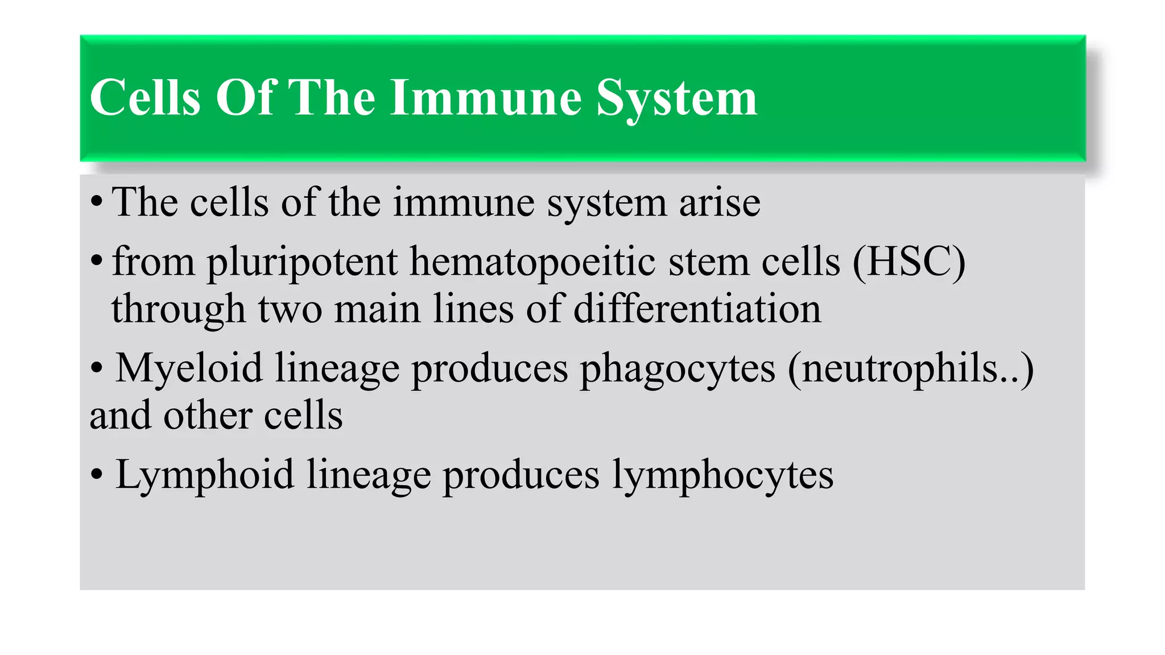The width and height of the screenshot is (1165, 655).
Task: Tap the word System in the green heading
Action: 676,98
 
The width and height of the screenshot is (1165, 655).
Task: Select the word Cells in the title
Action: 146,98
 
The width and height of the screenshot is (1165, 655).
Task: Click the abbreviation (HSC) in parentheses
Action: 908,262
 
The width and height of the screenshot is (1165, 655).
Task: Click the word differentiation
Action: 697,309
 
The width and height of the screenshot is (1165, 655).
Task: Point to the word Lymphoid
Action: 205,475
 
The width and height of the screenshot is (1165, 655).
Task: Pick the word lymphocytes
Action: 722,475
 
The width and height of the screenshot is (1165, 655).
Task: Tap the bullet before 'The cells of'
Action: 97,201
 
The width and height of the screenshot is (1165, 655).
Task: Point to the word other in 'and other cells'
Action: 207,415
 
